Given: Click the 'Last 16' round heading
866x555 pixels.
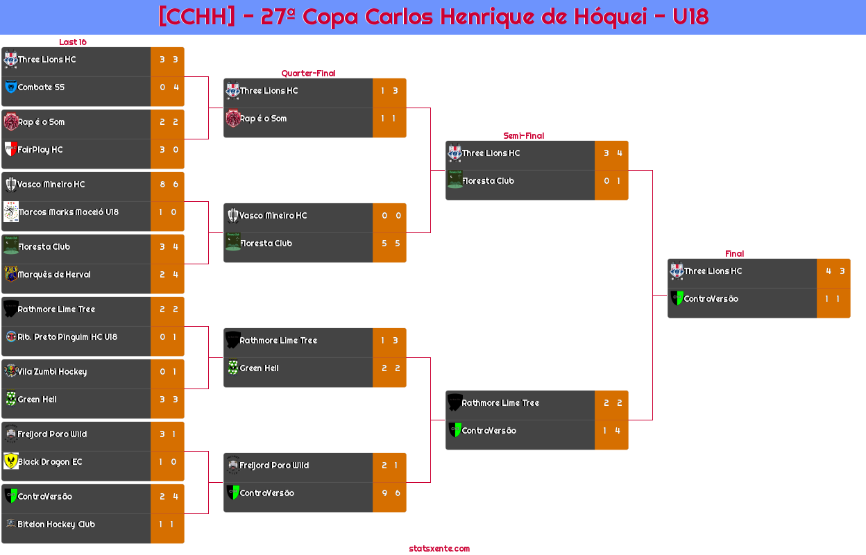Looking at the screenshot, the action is (x=73, y=42).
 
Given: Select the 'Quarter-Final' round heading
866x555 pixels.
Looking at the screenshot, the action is (x=308, y=74).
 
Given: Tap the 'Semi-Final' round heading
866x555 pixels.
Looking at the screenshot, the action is (x=523, y=136).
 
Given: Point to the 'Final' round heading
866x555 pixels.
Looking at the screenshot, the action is (x=734, y=254).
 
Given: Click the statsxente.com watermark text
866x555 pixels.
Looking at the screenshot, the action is (x=439, y=549).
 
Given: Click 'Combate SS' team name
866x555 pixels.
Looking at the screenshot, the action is (x=41, y=87).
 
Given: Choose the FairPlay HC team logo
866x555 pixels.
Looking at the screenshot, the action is (x=11, y=148).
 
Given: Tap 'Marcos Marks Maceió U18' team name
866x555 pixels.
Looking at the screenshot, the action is (x=69, y=212).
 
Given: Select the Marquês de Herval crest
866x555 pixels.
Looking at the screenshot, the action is (x=11, y=274).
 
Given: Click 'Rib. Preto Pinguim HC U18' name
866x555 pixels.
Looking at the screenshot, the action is (x=67, y=337).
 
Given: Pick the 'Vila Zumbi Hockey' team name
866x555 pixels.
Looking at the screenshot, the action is (x=52, y=372).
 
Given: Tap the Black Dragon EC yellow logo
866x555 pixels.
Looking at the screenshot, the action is (x=11, y=461).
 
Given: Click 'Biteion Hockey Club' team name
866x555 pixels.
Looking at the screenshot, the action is (x=56, y=524).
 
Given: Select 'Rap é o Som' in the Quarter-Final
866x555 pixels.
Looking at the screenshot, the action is (x=263, y=119).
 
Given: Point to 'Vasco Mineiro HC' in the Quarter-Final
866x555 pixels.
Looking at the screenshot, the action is (x=273, y=216).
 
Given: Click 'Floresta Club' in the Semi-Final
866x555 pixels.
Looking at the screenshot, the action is (x=488, y=181).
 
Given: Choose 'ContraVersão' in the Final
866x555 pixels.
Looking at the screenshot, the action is (x=711, y=299).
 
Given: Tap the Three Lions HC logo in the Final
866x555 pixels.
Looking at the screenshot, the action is (x=677, y=271).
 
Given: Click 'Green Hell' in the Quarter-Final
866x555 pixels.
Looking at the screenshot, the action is (x=259, y=368).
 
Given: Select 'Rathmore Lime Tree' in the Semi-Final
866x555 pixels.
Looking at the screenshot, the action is (x=500, y=403).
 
